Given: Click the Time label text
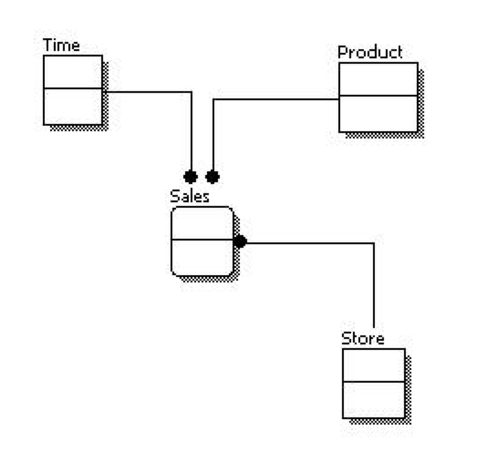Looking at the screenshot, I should coord(61,46).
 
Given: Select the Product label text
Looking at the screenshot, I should coord(369,52).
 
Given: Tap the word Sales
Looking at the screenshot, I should coord(189,195).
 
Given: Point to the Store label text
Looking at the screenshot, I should coord(362,339).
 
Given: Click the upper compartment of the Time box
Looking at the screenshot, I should coord(73,72).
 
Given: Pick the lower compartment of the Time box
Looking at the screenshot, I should coord(73,106).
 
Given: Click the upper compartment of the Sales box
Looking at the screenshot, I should coord(202,223).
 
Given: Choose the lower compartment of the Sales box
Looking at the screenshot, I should coord(202,257).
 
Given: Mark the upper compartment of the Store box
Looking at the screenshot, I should coord(373,364).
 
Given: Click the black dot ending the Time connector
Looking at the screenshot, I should coord(191,176).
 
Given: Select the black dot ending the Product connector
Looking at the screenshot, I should coord(212,176).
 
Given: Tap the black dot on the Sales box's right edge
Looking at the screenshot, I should coord(240,242).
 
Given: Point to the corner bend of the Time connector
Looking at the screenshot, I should coord(192,92).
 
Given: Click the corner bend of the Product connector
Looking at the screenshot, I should coord(213,99).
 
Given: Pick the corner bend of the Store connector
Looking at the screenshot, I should coord(374,243).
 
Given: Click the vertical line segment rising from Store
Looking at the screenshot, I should coord(374,292).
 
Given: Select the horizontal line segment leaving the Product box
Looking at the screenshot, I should coord(274,99).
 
